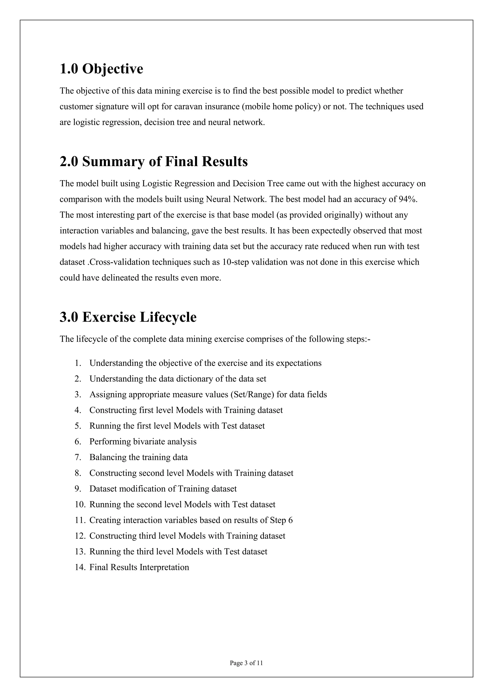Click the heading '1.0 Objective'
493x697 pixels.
point(101,69)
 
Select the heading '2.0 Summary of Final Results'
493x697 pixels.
point(154,161)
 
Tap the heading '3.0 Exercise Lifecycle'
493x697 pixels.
point(128,317)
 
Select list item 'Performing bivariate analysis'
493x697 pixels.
point(143,441)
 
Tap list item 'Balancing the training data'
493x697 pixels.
point(138,457)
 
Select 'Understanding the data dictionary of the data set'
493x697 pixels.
point(178,379)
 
